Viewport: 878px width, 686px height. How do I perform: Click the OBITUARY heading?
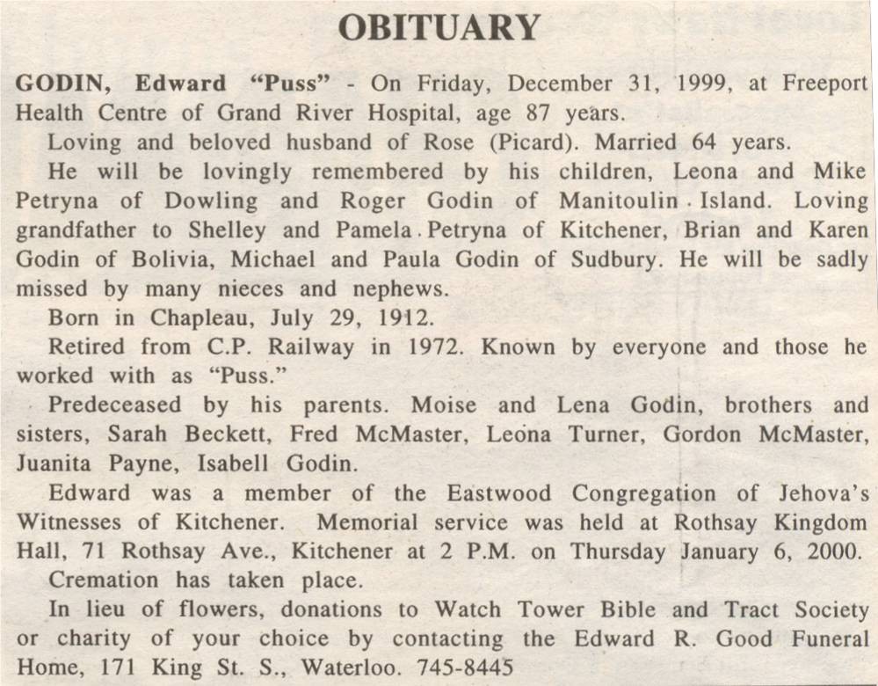439,28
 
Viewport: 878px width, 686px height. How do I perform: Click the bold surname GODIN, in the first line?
62,84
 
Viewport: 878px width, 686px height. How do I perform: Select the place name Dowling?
211,201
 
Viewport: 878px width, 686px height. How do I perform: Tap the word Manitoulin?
619,201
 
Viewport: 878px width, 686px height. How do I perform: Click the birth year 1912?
398,317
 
